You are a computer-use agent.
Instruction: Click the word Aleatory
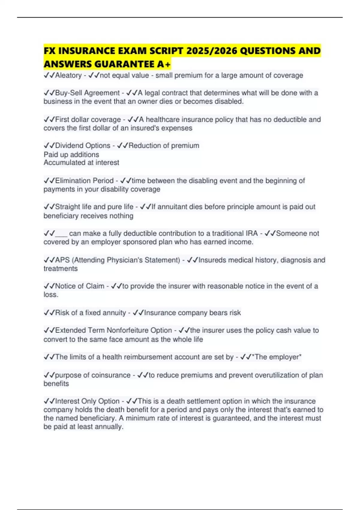click(68, 75)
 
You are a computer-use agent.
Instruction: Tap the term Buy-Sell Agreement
click(87, 93)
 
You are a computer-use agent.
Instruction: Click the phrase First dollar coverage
click(88, 119)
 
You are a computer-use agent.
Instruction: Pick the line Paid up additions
click(71, 154)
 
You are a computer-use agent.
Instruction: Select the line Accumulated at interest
click(81, 163)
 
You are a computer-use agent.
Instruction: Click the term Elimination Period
click(84, 181)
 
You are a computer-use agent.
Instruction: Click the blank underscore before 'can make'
click(61, 234)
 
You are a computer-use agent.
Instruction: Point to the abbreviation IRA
click(251, 233)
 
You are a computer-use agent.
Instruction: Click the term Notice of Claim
click(79, 286)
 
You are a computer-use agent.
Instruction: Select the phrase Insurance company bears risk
click(192, 313)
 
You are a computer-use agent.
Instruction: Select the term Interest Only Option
click(87, 401)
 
